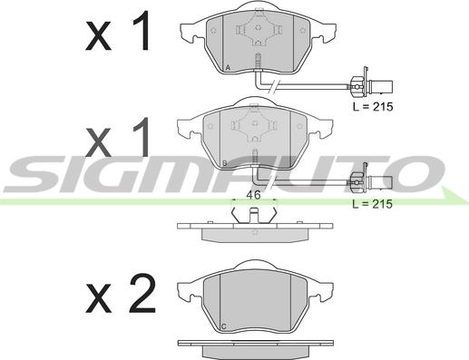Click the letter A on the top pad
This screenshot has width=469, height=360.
click(228, 68)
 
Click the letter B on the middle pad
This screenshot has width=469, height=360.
click(225, 163)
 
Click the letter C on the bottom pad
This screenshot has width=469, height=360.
click(224, 326)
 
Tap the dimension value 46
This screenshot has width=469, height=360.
click(253, 195)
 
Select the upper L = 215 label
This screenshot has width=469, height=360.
click(373, 106)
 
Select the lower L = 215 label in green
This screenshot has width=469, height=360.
click(373, 204)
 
